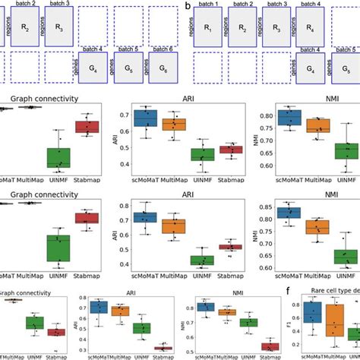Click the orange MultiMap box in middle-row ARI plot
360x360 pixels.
(x=174, y=226)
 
